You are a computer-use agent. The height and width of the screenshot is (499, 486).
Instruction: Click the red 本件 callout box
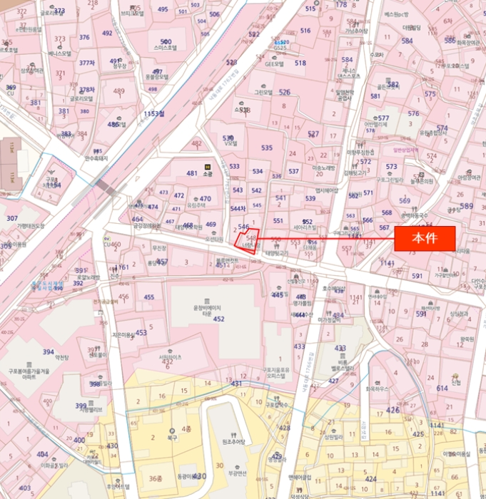coord(425,239)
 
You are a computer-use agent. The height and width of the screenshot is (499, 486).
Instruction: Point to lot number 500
coord(166,42)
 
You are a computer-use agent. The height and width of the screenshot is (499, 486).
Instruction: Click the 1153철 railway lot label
coord(153,113)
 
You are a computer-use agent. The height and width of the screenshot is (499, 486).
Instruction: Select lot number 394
coord(49,352)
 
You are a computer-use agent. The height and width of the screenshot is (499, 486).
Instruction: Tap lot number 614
coord(442,388)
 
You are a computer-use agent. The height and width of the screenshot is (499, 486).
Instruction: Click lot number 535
coord(267,148)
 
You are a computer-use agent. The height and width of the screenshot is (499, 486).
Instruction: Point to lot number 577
coord(383,118)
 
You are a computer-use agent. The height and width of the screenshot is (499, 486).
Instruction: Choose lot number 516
coord(305,31)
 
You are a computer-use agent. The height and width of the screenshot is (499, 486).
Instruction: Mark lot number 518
coord(300,63)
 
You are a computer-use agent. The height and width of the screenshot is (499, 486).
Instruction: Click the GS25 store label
coord(282,43)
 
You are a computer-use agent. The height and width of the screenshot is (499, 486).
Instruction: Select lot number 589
coord(466,207)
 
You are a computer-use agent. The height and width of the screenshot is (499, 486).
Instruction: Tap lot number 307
coord(12,218)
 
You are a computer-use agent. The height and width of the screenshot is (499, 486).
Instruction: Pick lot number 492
coord(107,34)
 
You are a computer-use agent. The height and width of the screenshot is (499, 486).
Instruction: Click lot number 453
coord(141,333)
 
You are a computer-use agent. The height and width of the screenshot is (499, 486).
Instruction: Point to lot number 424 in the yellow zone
coord(370,479)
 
